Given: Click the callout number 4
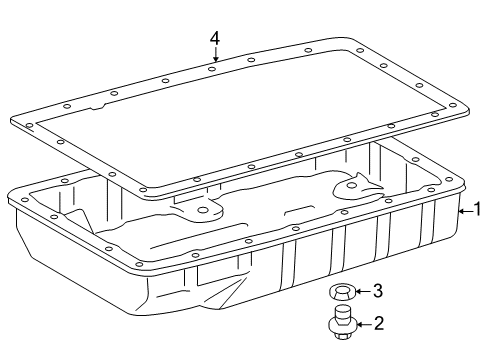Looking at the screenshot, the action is click(215, 38).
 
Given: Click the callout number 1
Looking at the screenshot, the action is click(478, 209).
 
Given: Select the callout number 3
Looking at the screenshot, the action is click(378, 291).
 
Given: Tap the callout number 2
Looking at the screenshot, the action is click(379, 323).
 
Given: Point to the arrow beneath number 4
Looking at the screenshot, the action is click(216, 54).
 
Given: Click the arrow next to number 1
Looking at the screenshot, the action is click(465, 211).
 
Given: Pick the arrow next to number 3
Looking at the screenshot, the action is click(363, 291).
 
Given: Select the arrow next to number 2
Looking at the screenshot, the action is click(364, 324).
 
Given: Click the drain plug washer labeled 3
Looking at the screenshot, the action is click(341, 292).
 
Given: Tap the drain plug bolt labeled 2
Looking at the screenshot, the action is click(342, 322).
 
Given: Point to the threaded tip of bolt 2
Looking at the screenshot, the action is click(341, 311).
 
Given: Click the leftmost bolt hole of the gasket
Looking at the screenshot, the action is click(29, 126).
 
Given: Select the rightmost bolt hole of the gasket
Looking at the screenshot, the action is click(452, 105).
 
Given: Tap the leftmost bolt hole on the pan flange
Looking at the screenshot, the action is click(25, 200).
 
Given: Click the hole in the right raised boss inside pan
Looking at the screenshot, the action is click(352, 186).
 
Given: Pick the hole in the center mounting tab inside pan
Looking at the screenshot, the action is click(202, 210).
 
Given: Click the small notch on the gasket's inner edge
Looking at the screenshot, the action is click(98, 107).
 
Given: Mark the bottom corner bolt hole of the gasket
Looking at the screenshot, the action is click(143, 190).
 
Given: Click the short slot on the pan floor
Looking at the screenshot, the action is click(294, 211).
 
